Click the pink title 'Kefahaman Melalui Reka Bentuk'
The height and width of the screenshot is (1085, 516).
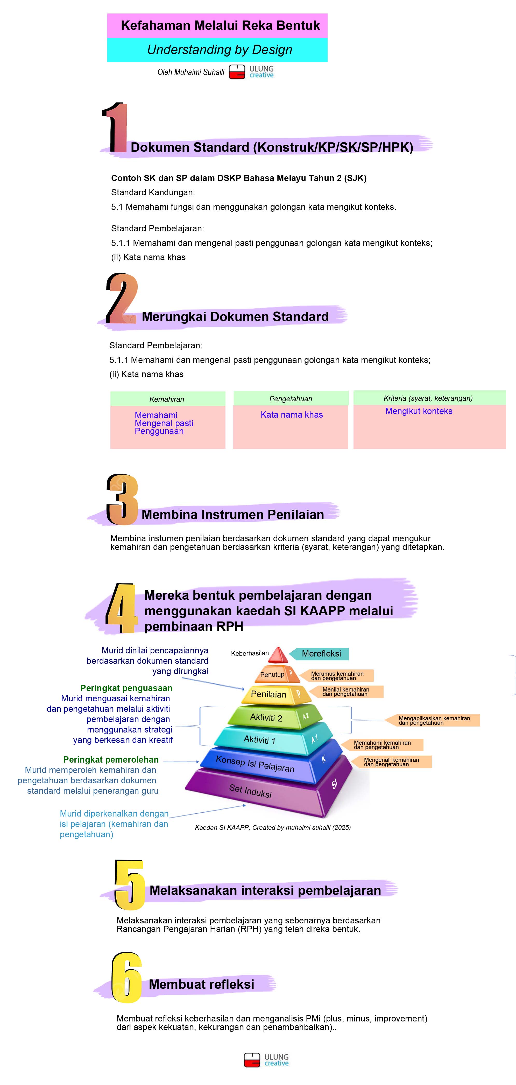[x=220, y=26]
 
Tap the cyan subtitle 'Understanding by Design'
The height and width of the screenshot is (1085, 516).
[x=219, y=50]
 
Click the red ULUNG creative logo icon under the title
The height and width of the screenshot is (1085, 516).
[x=237, y=72]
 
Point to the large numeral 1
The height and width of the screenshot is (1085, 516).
[x=115, y=128]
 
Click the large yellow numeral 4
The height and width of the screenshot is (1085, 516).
[x=121, y=608]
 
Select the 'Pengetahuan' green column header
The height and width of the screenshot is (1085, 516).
[x=291, y=398]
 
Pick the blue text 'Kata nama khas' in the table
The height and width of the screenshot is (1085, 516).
[x=292, y=414]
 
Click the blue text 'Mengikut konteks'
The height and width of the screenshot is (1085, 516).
[x=419, y=411]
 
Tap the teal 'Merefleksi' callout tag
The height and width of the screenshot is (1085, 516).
[x=321, y=653]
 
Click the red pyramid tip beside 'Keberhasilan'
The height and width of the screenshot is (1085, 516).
[x=278, y=655]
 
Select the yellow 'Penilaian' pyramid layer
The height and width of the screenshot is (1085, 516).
[x=269, y=694]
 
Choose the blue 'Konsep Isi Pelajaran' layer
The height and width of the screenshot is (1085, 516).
[x=255, y=764]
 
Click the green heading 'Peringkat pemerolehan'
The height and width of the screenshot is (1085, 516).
[x=111, y=759]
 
